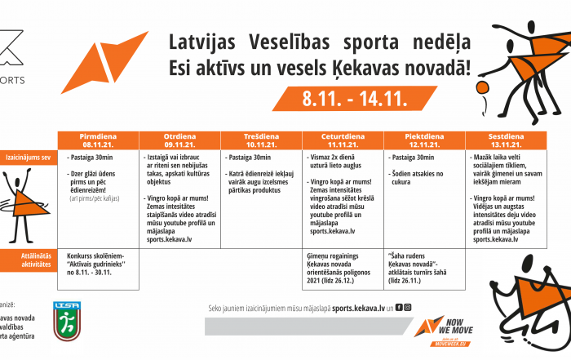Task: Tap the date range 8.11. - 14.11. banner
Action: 355,99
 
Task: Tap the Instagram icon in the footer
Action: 407,308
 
